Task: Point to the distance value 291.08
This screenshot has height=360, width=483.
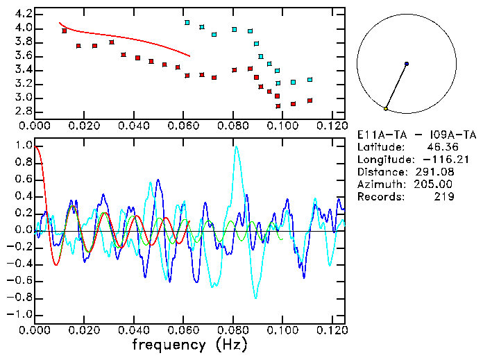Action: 435,172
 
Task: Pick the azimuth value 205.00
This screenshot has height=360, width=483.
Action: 435,185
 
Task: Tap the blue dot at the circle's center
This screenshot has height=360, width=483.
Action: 406,64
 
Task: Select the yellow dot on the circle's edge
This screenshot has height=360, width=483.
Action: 386,109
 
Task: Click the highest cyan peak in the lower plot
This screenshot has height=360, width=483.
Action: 237,147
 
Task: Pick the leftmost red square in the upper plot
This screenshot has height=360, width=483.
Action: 65,31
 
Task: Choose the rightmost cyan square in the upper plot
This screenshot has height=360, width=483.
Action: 310,80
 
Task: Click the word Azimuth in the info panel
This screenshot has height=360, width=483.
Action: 379,185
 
